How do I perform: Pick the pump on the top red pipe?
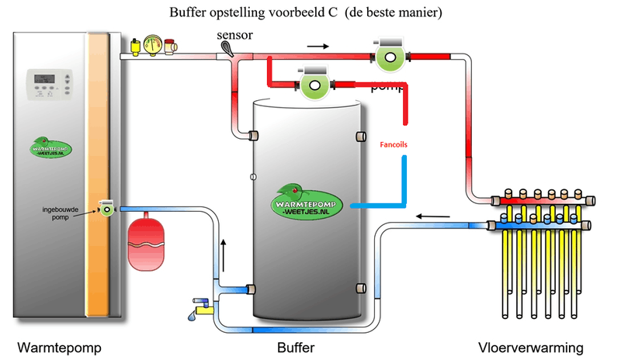tap(388, 53)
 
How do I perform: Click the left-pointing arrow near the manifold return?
tap(428, 215)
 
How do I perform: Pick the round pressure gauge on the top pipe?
tap(154, 44)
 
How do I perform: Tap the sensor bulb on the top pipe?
tap(227, 50)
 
